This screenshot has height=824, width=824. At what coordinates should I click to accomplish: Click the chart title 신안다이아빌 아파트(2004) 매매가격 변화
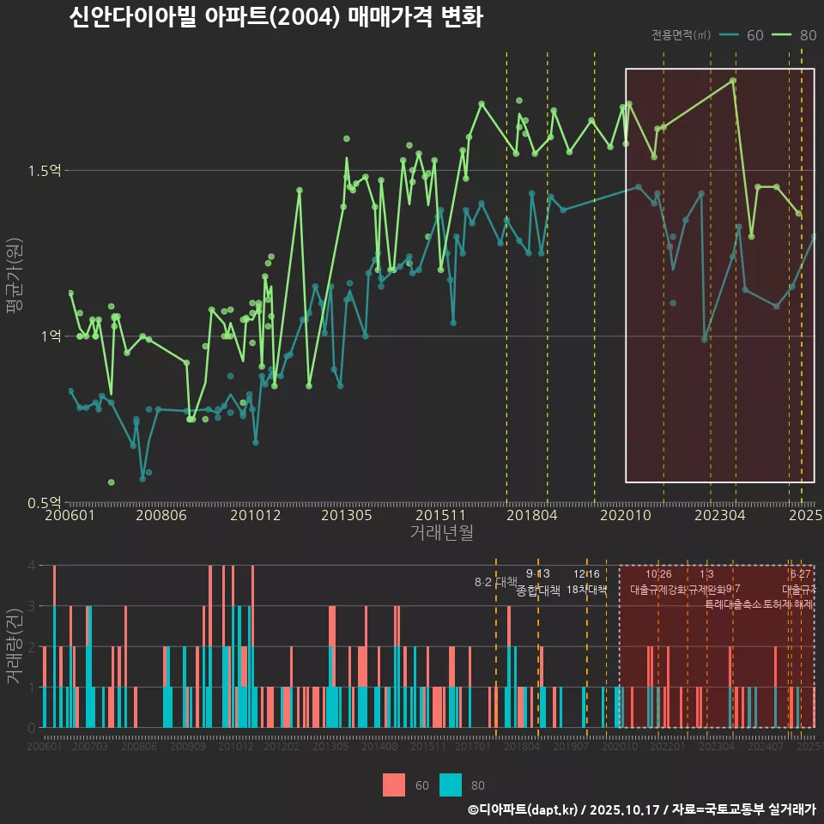click(276, 18)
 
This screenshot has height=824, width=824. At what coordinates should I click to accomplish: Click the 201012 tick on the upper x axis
click(255, 516)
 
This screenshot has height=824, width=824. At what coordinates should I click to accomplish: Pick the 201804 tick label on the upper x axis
click(531, 516)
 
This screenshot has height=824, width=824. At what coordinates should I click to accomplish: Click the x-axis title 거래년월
click(441, 533)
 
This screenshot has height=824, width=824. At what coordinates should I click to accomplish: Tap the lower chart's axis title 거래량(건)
click(15, 645)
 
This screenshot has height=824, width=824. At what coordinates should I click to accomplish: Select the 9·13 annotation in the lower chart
click(538, 573)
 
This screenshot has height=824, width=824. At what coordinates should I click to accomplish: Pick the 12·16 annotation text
click(587, 573)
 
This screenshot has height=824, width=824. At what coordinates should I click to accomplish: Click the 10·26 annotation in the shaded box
click(658, 573)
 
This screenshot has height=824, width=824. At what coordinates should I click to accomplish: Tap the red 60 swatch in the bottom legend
click(393, 785)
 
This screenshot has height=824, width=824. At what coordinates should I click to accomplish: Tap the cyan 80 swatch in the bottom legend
click(451, 785)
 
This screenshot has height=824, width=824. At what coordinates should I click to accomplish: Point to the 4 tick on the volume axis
click(31, 566)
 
